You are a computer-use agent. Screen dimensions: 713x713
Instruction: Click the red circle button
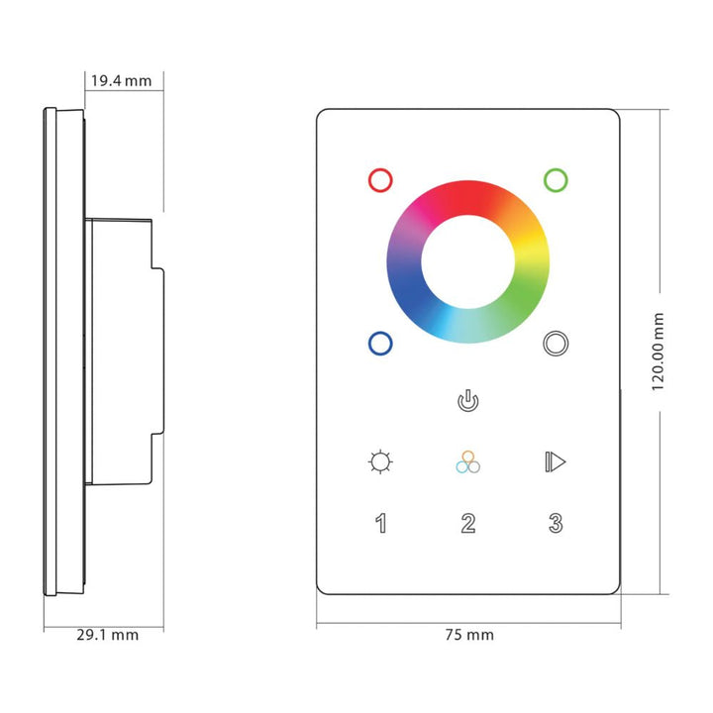click(x=379, y=179)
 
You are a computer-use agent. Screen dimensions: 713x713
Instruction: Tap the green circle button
click(x=556, y=179)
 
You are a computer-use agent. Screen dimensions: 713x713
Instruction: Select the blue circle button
click(x=379, y=343)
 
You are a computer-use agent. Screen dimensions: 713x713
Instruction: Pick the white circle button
click(x=556, y=343)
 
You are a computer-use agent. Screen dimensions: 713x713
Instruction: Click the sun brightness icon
click(x=379, y=461)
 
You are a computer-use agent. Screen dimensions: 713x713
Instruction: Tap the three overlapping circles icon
click(x=467, y=462)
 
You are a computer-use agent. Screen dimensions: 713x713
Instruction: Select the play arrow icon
click(x=556, y=461)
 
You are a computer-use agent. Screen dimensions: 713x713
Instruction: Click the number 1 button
click(x=380, y=523)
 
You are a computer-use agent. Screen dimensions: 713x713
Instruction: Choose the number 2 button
click(x=467, y=523)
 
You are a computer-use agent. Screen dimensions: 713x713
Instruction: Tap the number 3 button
click(x=556, y=523)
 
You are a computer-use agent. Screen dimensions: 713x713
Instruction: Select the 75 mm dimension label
click(x=469, y=635)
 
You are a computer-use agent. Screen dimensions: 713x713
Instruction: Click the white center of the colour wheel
click(x=467, y=260)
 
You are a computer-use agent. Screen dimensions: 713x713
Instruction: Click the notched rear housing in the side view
click(x=124, y=352)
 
